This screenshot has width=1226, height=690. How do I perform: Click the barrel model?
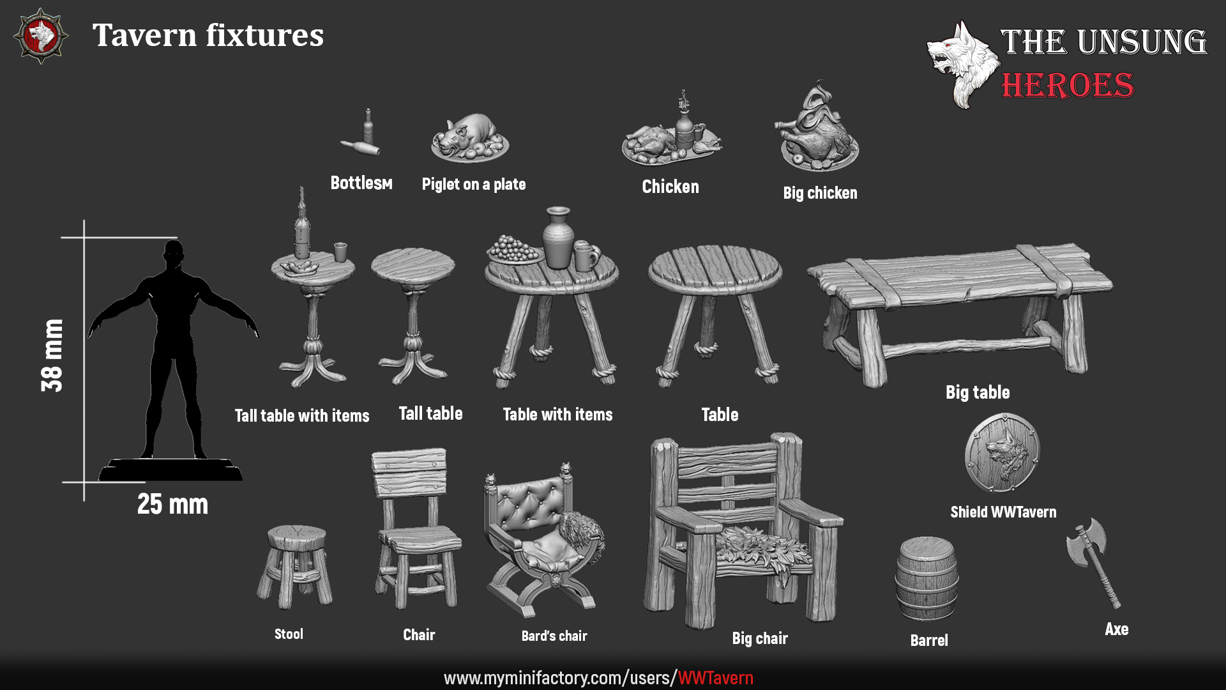click(x=927, y=579)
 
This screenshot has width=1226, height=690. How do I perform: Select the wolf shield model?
click(x=1003, y=452)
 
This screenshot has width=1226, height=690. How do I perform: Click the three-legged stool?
click(x=295, y=565)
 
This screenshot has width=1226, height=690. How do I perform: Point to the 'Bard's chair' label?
click(x=554, y=636)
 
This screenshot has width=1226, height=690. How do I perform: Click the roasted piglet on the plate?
click(x=469, y=134)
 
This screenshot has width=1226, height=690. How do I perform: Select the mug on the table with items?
click(x=586, y=256)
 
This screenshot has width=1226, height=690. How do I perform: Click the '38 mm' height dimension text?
click(x=52, y=355)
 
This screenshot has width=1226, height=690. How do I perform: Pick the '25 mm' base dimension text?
click(x=172, y=504)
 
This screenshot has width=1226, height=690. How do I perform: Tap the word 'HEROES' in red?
click(x=1067, y=86)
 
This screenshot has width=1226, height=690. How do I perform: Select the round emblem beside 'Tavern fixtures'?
click(x=40, y=36)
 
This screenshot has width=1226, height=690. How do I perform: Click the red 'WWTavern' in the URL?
click(x=715, y=678)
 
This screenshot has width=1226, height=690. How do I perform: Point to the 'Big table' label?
click(x=977, y=392)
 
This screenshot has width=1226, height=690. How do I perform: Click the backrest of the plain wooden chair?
click(x=409, y=473)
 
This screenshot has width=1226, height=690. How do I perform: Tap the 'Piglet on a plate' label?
click(x=473, y=185)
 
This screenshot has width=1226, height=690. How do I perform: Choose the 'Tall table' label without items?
click(x=430, y=413)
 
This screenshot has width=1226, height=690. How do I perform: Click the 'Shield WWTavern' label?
click(x=1003, y=512)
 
